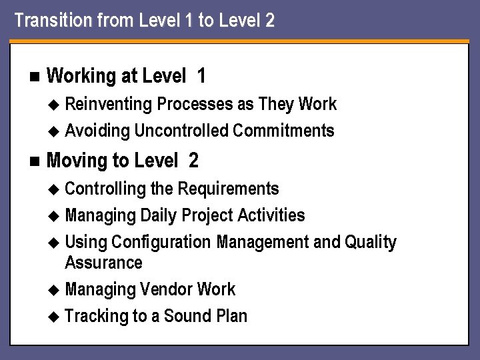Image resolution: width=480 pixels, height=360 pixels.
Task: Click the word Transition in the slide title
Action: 47,21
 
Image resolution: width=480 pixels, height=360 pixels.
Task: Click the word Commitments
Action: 283,131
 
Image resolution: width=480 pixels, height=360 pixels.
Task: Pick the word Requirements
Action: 228,189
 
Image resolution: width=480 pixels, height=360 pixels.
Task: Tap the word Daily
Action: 159,215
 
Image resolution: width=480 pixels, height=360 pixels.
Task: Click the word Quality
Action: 371,243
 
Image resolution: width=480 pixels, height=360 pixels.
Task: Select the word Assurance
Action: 103,263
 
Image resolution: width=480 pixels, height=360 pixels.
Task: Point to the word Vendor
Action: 167,289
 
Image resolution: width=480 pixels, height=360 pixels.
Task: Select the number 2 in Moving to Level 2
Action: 193,161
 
